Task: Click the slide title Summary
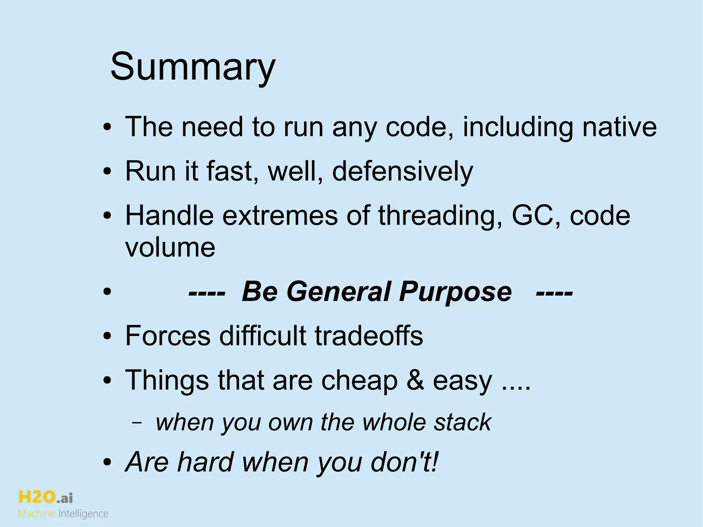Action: click(x=193, y=67)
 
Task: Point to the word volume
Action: click(x=170, y=247)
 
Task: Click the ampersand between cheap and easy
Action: click(x=415, y=380)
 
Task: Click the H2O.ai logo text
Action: click(x=45, y=497)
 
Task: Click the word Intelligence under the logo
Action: click(x=83, y=514)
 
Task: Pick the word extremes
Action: click(x=280, y=216)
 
